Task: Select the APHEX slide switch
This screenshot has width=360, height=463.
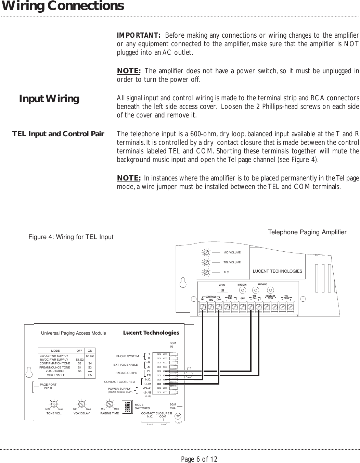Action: coord(223,290)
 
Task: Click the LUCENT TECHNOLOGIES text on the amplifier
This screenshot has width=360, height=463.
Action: coord(277,271)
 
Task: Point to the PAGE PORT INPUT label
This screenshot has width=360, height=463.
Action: coord(48,386)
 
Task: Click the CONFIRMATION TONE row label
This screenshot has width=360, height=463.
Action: coord(55,363)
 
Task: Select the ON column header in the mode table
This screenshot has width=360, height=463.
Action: coord(90,351)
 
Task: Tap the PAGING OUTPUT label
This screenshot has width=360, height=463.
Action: coord(127,373)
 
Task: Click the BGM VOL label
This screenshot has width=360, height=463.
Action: coord(173,406)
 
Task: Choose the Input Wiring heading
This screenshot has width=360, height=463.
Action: coord(49,99)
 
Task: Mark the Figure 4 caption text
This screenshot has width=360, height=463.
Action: coord(71,237)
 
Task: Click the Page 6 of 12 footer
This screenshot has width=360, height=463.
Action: coord(199,459)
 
